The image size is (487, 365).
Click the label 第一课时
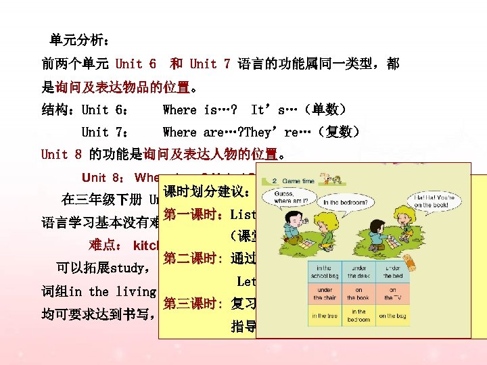click(x=193, y=216)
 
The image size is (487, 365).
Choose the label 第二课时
click(x=193, y=259)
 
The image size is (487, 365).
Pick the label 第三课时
click(x=193, y=303)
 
